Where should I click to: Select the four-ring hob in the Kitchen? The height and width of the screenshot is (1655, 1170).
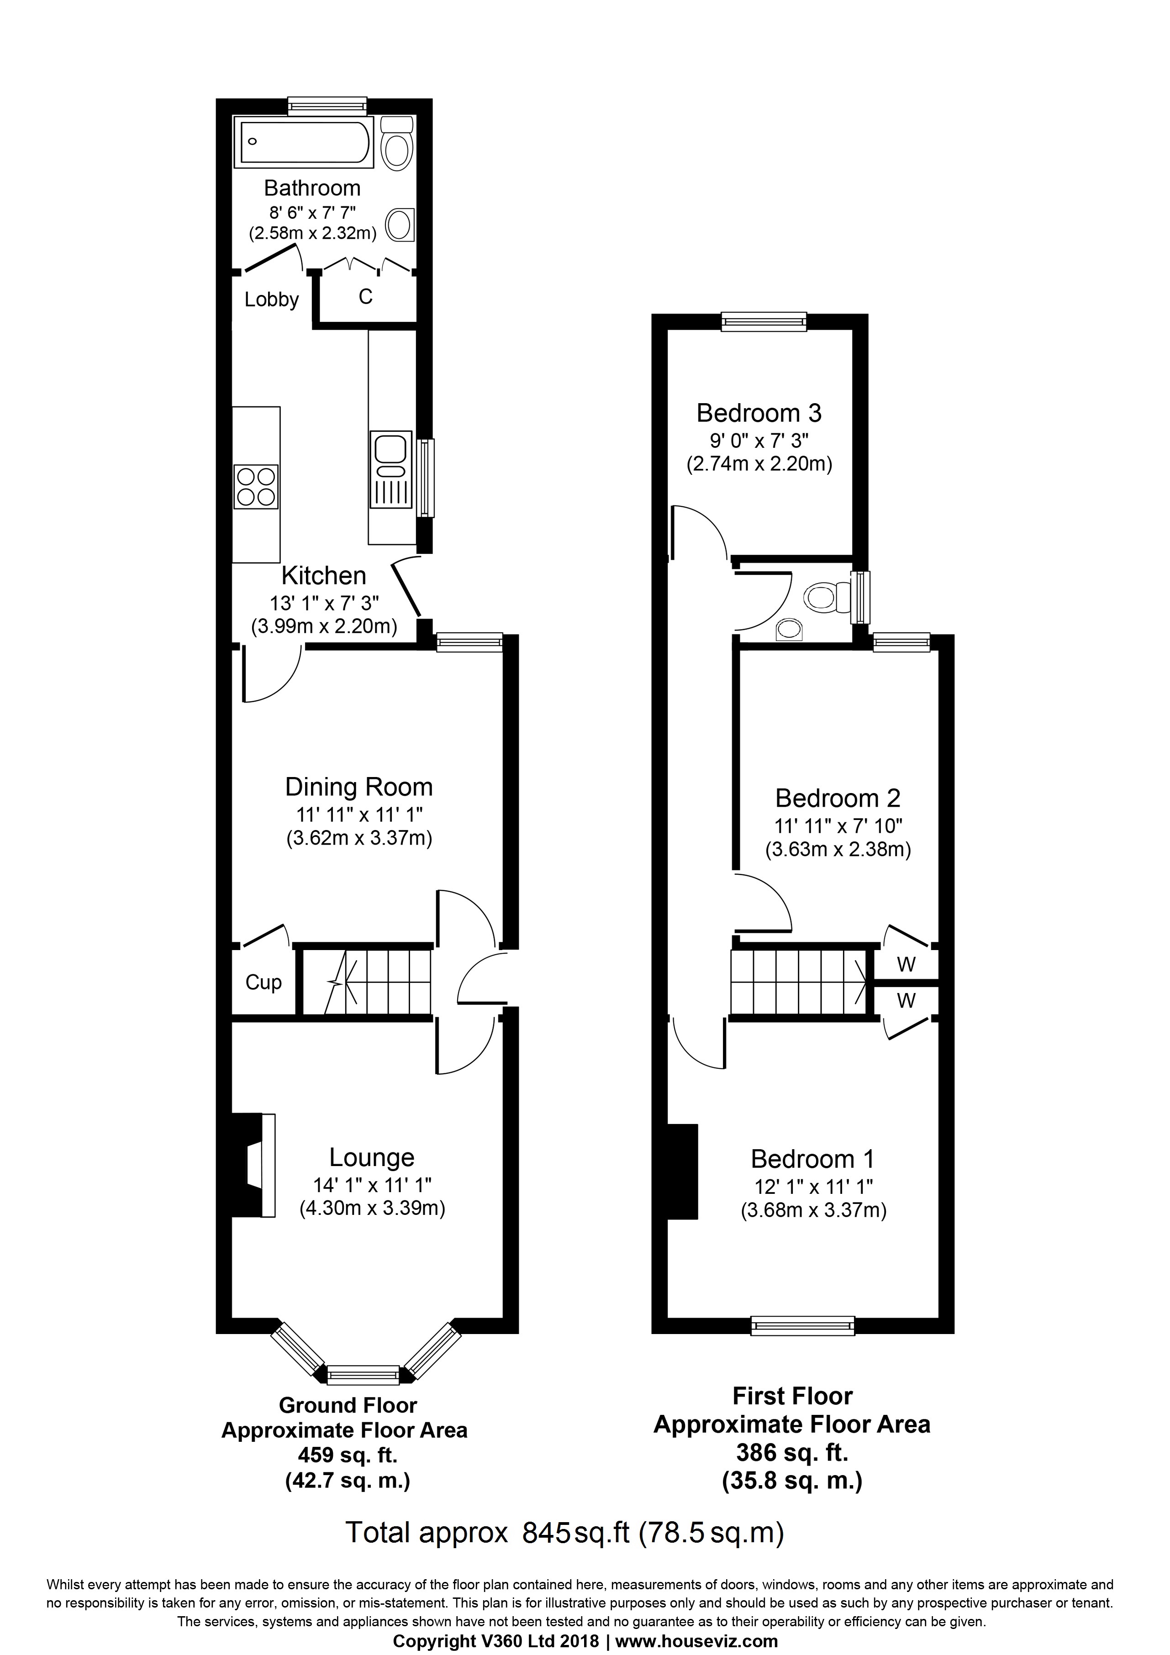(256, 487)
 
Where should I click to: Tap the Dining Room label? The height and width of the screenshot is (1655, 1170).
(359, 787)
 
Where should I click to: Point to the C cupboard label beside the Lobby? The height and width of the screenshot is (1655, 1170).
(365, 297)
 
